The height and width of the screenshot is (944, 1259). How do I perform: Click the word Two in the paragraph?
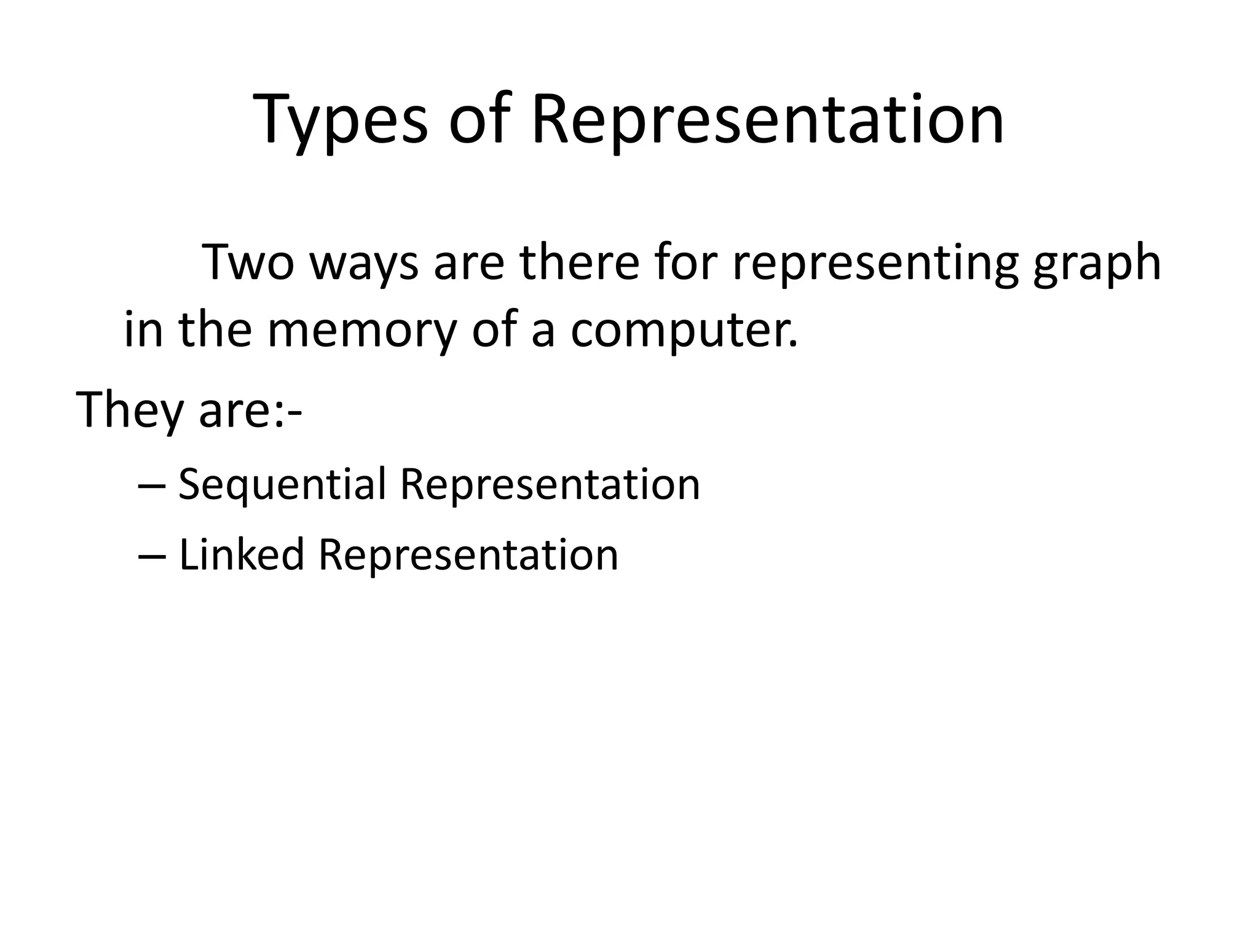coord(248,262)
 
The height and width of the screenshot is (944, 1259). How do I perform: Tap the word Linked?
coord(241,554)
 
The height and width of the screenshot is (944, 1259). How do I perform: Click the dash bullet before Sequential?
coord(152,486)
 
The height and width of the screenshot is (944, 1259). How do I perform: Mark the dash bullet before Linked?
coord(152,556)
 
